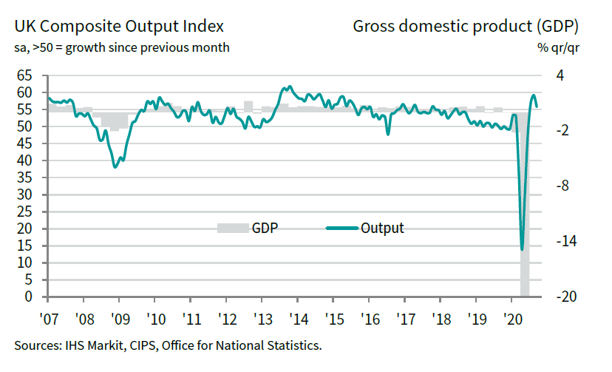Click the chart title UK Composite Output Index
click(119, 27)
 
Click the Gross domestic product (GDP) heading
click(466, 27)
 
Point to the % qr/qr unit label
click(557, 48)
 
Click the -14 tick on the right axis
click(565, 241)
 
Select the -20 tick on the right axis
click(565, 297)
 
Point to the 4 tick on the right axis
click(560, 75)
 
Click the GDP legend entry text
click(265, 228)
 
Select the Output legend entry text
click(382, 228)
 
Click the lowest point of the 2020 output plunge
click(522, 249)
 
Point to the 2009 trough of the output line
click(115, 167)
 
